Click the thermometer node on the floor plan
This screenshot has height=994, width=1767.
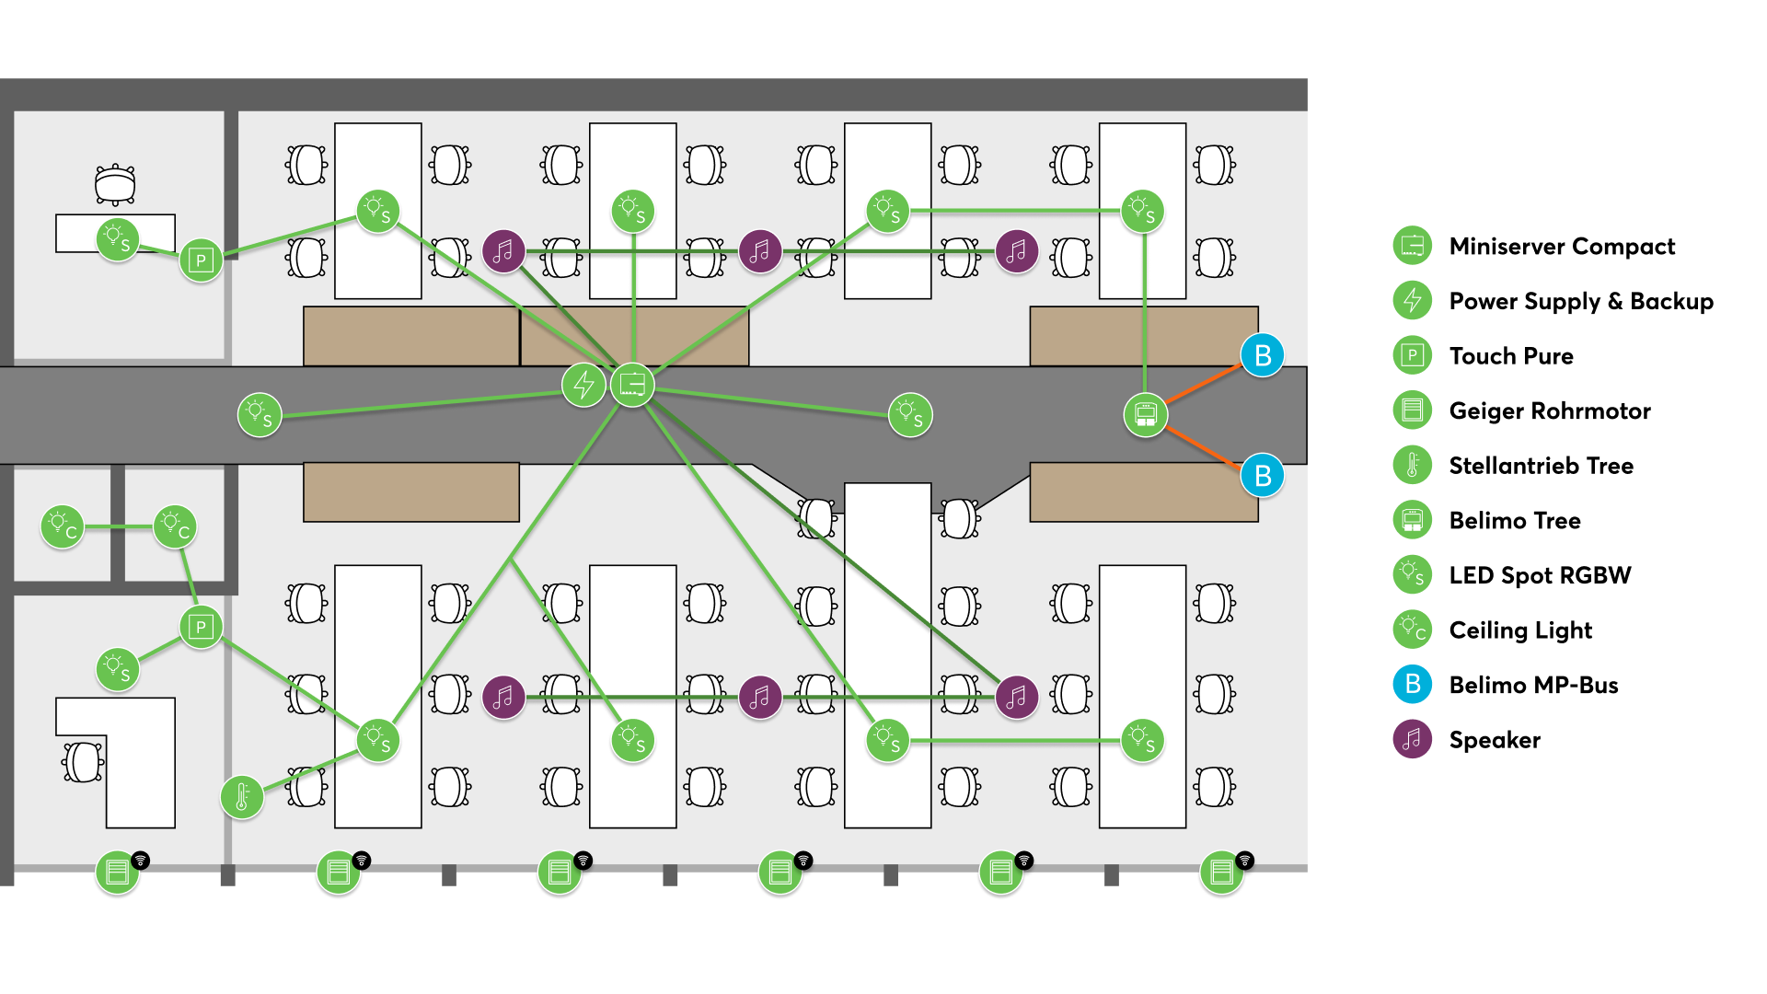(242, 797)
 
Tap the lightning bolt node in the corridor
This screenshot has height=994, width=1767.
(583, 385)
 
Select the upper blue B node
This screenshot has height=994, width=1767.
(1262, 355)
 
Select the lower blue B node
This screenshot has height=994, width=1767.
(1262, 476)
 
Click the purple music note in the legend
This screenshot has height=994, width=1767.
(1412, 739)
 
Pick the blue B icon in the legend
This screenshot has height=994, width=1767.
(1412, 684)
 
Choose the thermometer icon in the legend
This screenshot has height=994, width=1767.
(1412, 465)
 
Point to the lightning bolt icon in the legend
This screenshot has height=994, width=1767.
(1412, 300)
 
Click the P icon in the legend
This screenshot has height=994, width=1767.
(1412, 355)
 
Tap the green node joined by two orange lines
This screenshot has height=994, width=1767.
(1145, 415)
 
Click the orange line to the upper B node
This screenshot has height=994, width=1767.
(1204, 385)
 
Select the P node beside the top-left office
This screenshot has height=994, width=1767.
(201, 260)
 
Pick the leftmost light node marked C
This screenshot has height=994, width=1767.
(63, 527)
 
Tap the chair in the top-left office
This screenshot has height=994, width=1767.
(115, 184)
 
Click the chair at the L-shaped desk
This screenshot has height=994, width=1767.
(84, 762)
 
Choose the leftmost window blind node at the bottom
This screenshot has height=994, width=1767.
(118, 872)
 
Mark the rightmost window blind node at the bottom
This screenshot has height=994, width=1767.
(1222, 872)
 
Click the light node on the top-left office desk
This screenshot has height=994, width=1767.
(118, 240)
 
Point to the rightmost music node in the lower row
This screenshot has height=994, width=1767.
(1016, 698)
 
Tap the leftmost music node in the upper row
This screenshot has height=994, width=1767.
(503, 251)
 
